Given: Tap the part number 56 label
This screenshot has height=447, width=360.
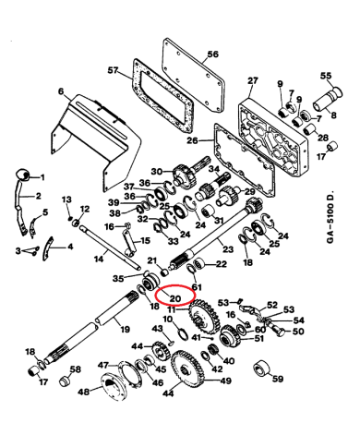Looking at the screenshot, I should [x=212, y=54].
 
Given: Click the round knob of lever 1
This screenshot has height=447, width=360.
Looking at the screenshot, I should [x=21, y=176].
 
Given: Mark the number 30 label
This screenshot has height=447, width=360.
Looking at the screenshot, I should [x=157, y=170].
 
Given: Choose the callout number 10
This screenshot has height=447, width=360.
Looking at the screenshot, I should [x=167, y=320].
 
